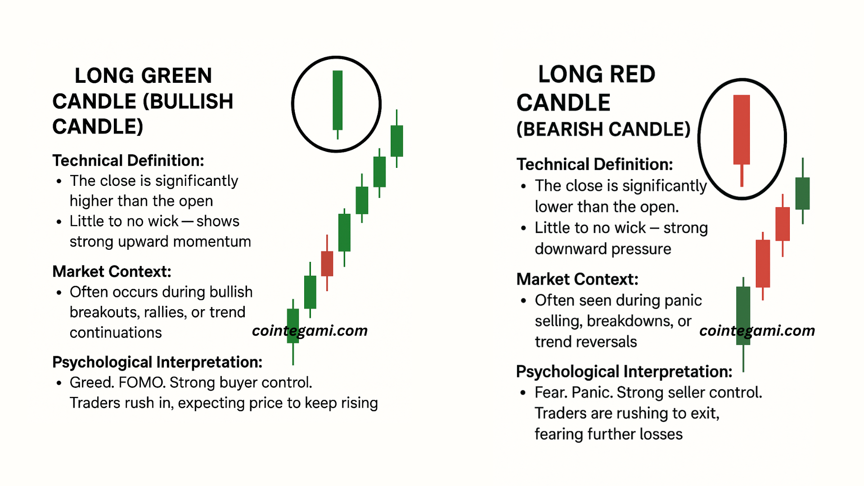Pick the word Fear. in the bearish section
click(x=551, y=392)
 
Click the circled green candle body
click(x=337, y=100)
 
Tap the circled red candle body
click(x=742, y=130)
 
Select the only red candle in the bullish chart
click(x=327, y=263)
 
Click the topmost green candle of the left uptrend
click(x=396, y=141)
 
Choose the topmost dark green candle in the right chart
click(x=803, y=193)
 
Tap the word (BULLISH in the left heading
click(x=188, y=101)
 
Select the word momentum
click(x=212, y=242)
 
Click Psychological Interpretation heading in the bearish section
click(x=624, y=372)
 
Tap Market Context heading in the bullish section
click(x=112, y=272)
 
